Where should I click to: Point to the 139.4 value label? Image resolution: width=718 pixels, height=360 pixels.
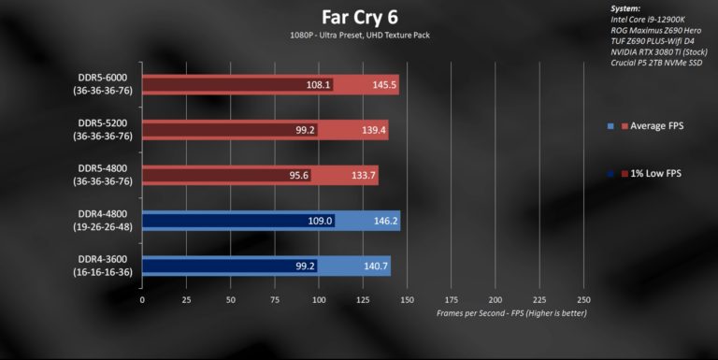pos(372,130)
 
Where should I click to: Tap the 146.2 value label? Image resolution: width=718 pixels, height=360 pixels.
pos(384,221)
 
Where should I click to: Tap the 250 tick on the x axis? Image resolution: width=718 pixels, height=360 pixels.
pos(584,300)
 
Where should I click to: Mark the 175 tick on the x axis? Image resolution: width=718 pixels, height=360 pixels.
pos(452,300)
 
